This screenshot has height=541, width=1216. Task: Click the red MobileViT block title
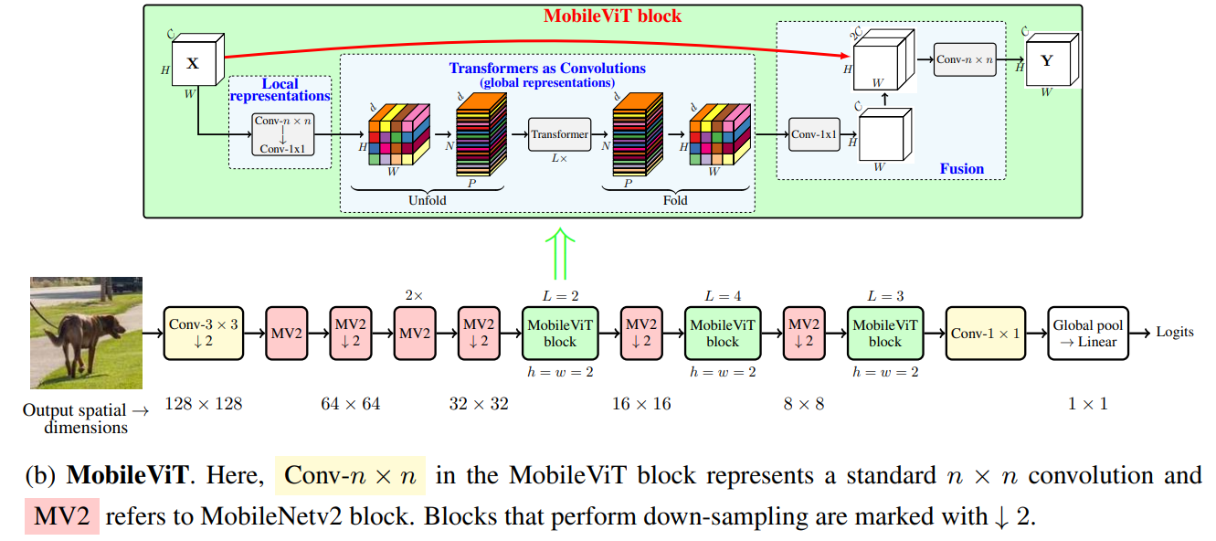coord(613,16)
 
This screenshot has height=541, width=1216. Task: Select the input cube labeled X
coord(192,64)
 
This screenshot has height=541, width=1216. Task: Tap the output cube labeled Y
coord(1047,62)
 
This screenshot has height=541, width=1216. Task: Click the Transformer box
coord(559,134)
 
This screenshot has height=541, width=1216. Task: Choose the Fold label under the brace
coord(676,200)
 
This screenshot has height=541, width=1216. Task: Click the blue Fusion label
coord(961,168)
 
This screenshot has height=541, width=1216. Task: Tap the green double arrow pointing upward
coord(560,254)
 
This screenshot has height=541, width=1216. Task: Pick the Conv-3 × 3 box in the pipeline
coord(204,334)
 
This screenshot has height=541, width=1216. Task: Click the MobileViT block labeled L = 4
coord(722,334)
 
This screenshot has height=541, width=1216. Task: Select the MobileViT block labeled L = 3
coord(884,334)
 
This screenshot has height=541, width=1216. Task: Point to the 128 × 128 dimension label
coord(203,403)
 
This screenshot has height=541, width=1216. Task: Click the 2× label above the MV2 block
coord(415,295)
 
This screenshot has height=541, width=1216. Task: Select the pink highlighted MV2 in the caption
coord(61,516)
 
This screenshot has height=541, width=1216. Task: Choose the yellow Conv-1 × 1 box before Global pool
coord(985,334)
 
